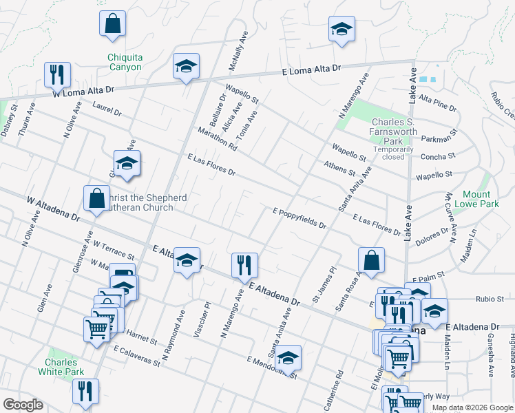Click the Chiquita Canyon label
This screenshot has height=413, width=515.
pyautogui.click(x=125, y=62)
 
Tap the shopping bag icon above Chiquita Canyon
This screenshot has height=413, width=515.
pyautogui.click(x=112, y=23)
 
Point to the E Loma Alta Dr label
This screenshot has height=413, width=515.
pyautogui.click(x=312, y=71)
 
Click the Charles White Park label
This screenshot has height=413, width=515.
pyautogui.click(x=65, y=367)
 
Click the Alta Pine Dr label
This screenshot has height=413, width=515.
pyautogui.click(x=437, y=103)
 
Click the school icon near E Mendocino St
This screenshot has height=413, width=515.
pyautogui.click(x=288, y=357)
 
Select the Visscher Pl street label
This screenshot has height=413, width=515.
pyautogui.click(x=206, y=314)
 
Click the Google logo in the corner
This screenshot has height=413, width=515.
pyautogui.click(x=23, y=405)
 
